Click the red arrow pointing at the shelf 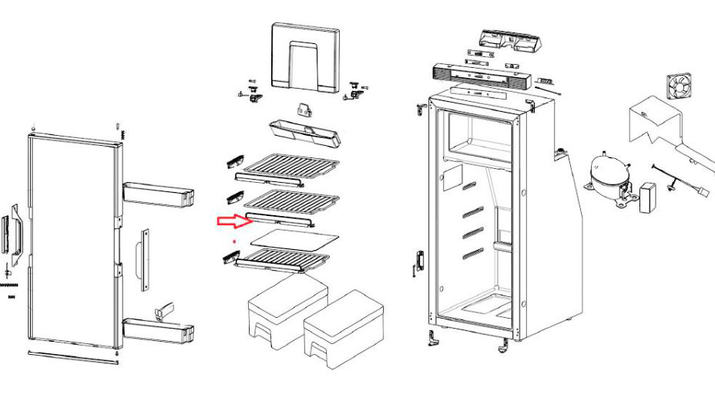tap(231, 221)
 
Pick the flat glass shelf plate tap(296, 238)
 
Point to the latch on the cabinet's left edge tap(419, 262)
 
